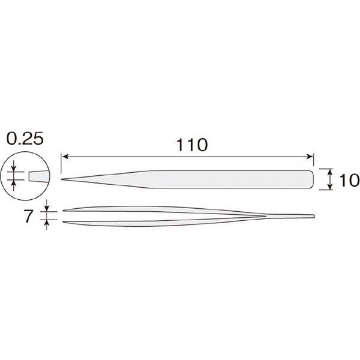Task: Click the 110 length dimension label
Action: (x=192, y=145)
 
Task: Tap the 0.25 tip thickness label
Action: (x=25, y=139)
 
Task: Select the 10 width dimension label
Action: (x=349, y=180)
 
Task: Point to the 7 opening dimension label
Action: (x=28, y=216)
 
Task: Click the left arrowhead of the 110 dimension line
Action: (x=65, y=157)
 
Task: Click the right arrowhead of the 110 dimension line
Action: (x=310, y=157)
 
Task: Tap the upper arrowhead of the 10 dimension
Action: (x=330, y=172)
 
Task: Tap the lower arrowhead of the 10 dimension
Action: (x=330, y=187)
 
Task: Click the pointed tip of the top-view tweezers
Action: (x=62, y=179)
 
